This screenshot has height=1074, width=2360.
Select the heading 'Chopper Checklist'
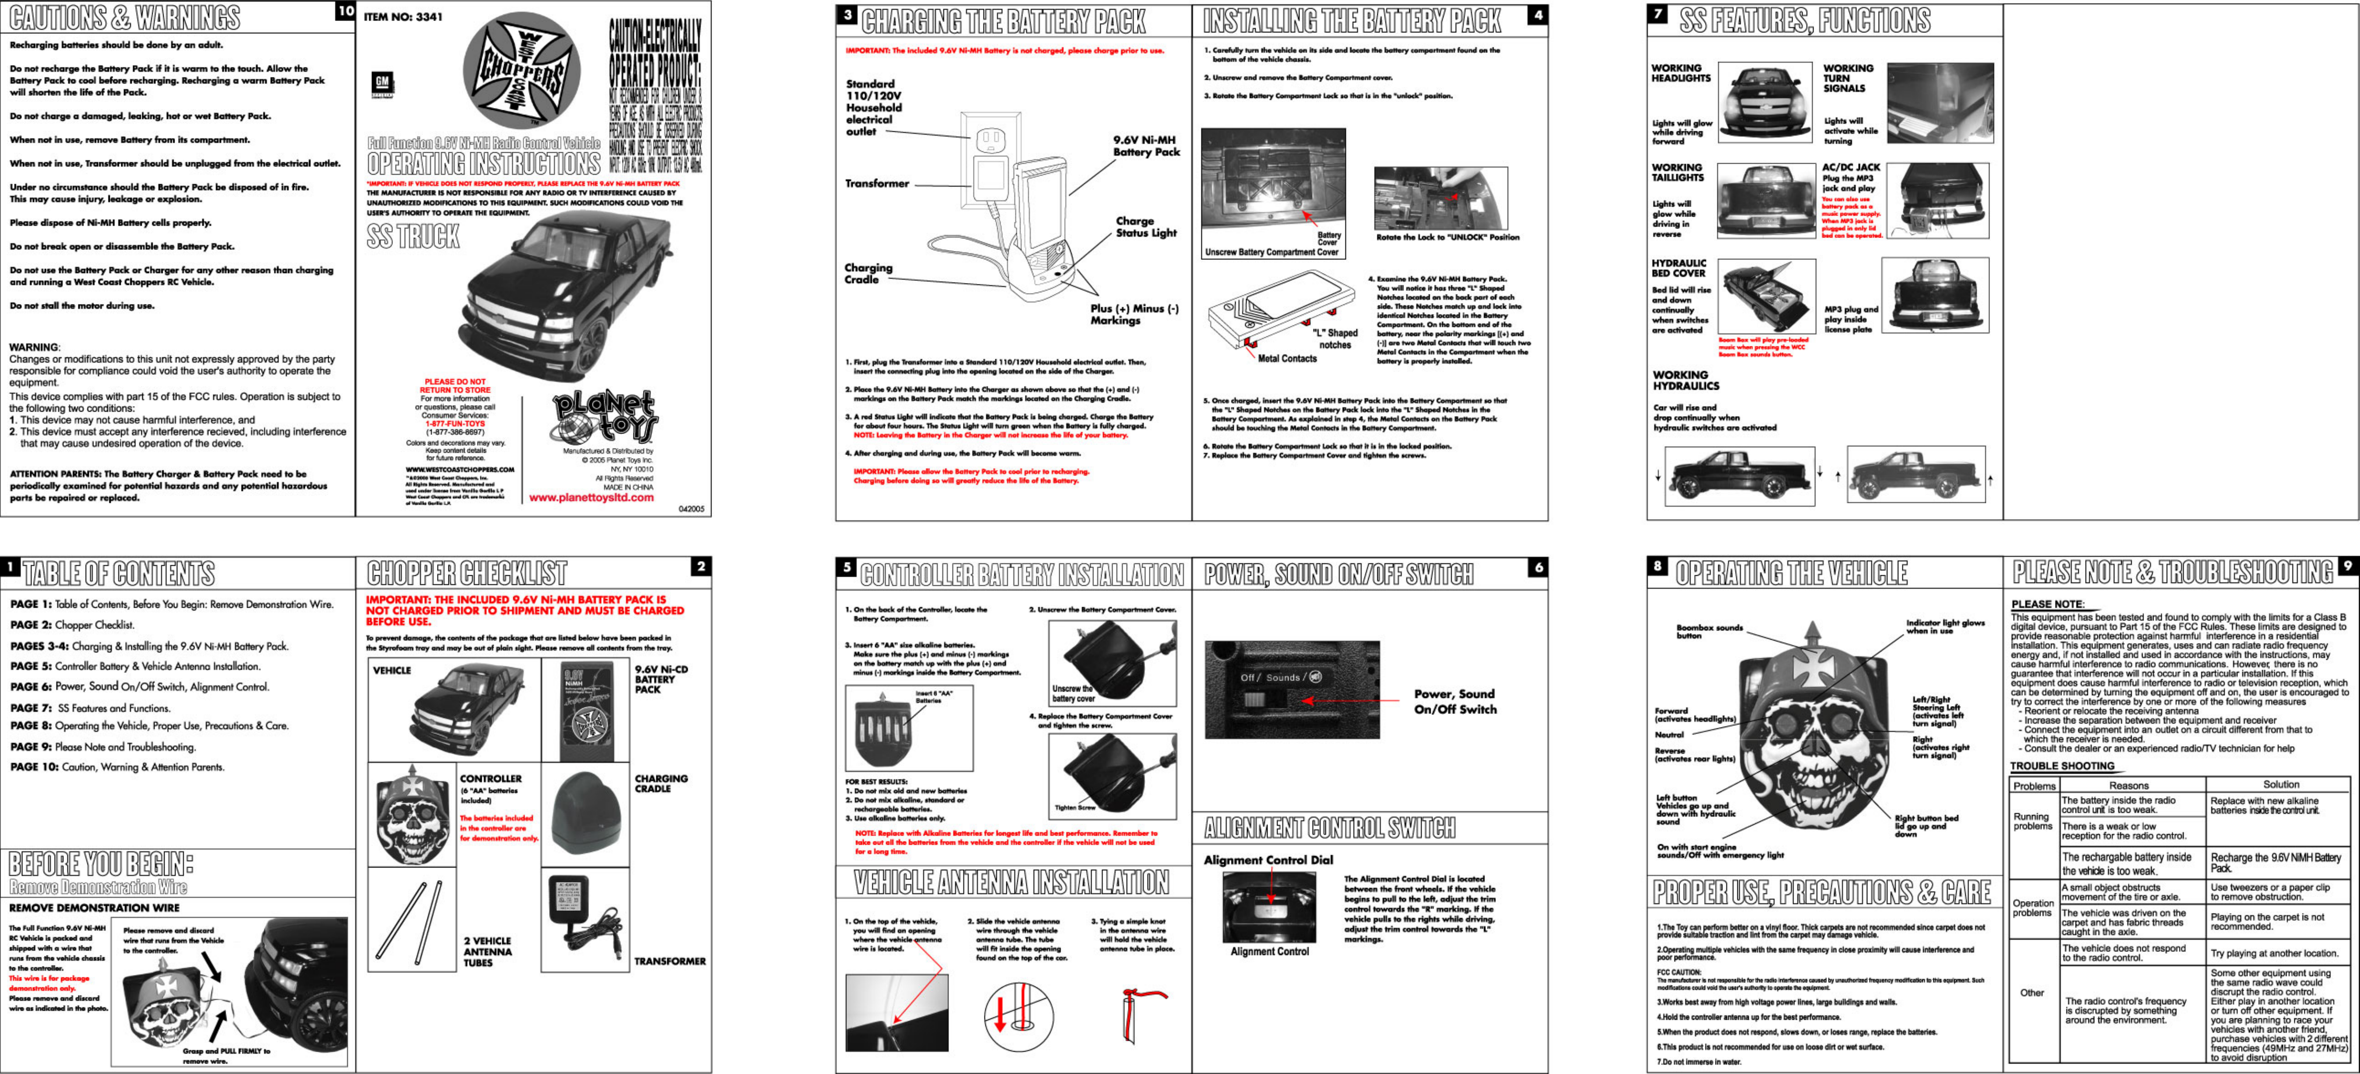[467, 574]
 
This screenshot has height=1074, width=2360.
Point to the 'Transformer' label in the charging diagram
[877, 183]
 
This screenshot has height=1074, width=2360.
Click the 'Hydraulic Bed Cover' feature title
[1678, 268]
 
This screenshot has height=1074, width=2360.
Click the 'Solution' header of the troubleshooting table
[2280, 784]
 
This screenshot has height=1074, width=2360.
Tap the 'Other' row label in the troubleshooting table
[2032, 993]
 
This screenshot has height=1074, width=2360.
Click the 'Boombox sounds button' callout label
[1709, 631]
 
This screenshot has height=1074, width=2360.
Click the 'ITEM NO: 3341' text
[403, 17]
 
